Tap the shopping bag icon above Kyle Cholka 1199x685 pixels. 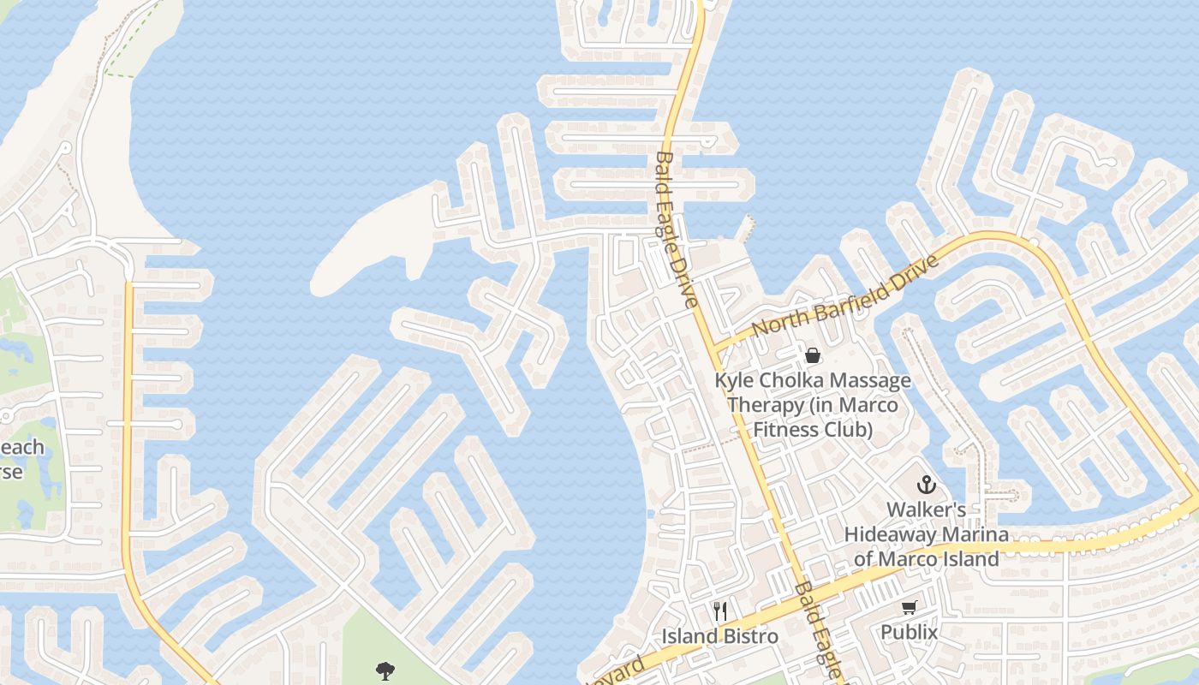[812, 354]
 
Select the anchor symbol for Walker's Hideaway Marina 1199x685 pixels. [926, 485]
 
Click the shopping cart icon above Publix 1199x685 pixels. [909, 608]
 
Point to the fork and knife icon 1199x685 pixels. [720, 611]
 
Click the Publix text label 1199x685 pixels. [910, 633]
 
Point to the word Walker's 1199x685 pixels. [926, 509]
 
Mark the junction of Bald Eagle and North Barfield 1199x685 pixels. [713, 346]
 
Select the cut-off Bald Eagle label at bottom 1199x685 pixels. [819, 629]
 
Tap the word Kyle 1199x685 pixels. [733, 380]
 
